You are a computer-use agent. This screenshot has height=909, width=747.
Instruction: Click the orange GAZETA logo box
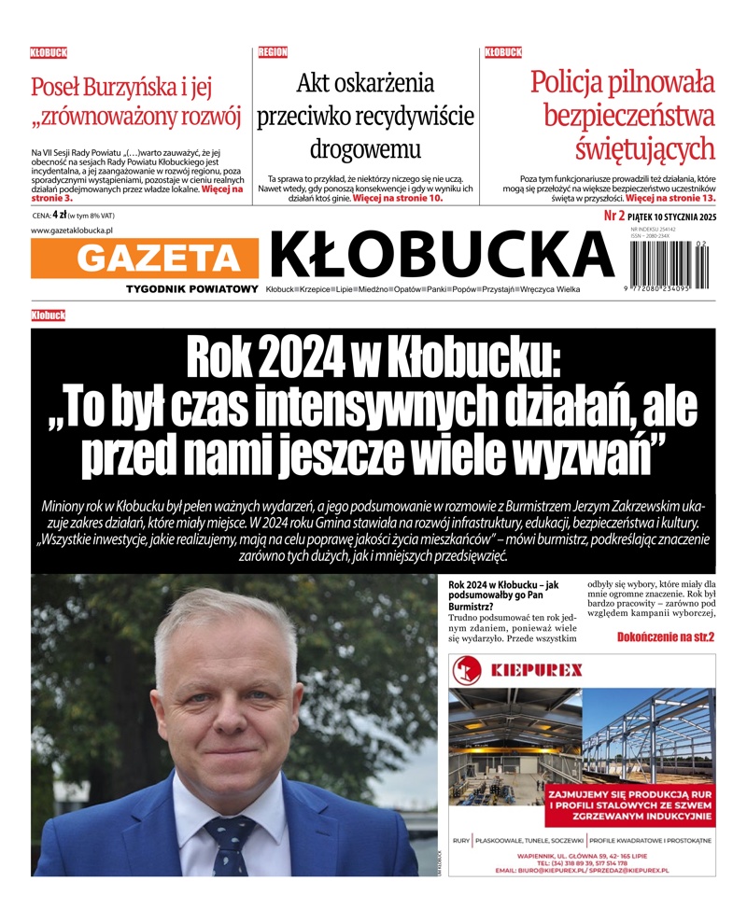coord(145,259)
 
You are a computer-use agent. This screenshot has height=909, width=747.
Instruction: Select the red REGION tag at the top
coord(273,52)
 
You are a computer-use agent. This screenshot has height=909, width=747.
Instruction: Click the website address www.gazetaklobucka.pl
coord(72,231)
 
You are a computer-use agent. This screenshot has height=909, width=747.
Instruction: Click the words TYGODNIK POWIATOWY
coord(192,289)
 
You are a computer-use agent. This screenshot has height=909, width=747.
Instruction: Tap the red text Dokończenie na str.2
coord(665,636)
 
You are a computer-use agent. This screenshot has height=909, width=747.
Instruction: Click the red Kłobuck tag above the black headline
coord(48,315)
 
